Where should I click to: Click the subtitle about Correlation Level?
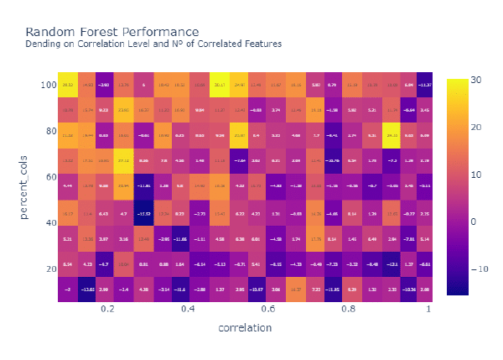click(153, 44)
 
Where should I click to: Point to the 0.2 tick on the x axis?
click(107, 309)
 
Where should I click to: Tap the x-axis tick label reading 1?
click(429, 309)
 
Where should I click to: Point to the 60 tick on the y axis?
click(49, 177)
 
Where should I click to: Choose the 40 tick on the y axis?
click(49, 222)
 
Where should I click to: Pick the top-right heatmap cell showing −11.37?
click(426, 85)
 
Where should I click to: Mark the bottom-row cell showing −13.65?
click(86, 289)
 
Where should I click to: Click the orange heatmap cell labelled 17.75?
click(316, 239)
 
